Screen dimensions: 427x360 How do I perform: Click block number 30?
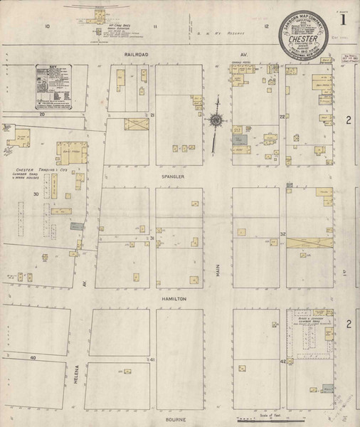pyautogui.click(x=35, y=194)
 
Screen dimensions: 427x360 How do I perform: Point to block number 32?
pyautogui.click(x=282, y=234)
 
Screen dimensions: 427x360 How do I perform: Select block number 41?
pyautogui.click(x=152, y=361)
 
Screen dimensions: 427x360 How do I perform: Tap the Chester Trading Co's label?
pyautogui.click(x=41, y=171)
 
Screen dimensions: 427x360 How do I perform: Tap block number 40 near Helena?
pyautogui.click(x=33, y=356)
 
